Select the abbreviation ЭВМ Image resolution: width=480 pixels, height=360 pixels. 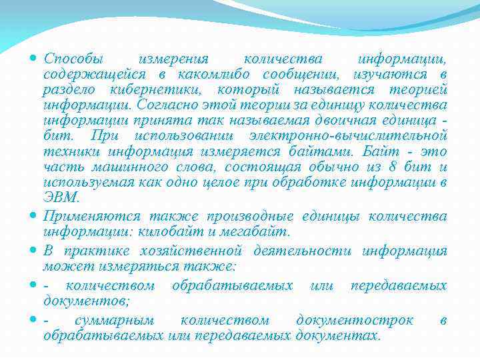click(61, 198)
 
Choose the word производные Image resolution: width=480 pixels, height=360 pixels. click(255, 216)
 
